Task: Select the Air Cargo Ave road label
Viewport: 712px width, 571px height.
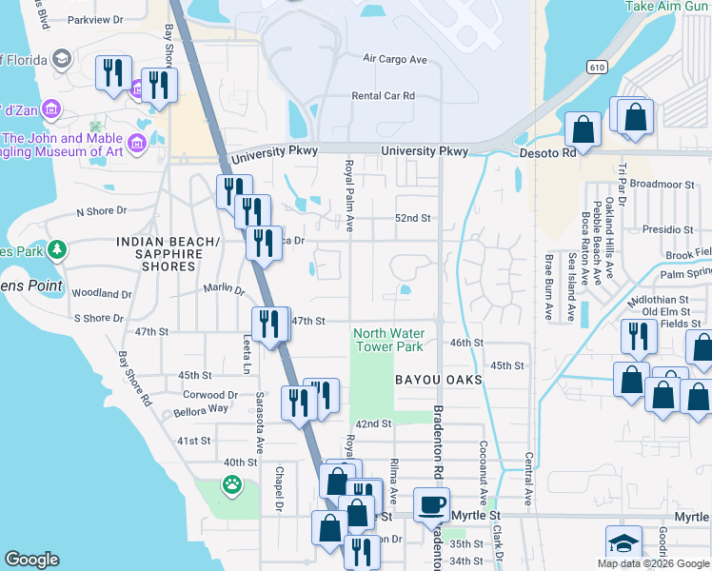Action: [x=395, y=59]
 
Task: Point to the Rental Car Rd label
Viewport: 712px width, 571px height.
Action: [x=384, y=96]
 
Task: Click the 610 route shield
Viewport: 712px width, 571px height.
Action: [x=597, y=67]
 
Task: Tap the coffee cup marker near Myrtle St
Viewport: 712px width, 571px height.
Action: [x=432, y=504]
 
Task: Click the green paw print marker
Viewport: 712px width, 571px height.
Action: [x=232, y=484]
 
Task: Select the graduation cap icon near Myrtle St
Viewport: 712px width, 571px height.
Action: [x=624, y=542]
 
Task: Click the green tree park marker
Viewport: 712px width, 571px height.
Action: [x=57, y=249]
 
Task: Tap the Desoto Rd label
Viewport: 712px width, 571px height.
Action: [x=548, y=152]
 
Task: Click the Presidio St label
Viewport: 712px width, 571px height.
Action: [x=666, y=230]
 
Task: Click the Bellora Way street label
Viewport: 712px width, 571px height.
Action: [x=201, y=410]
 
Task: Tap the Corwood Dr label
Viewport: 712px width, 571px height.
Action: [x=204, y=394]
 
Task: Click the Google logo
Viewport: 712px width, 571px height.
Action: [x=31, y=560]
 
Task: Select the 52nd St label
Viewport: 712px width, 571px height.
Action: [x=414, y=218]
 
